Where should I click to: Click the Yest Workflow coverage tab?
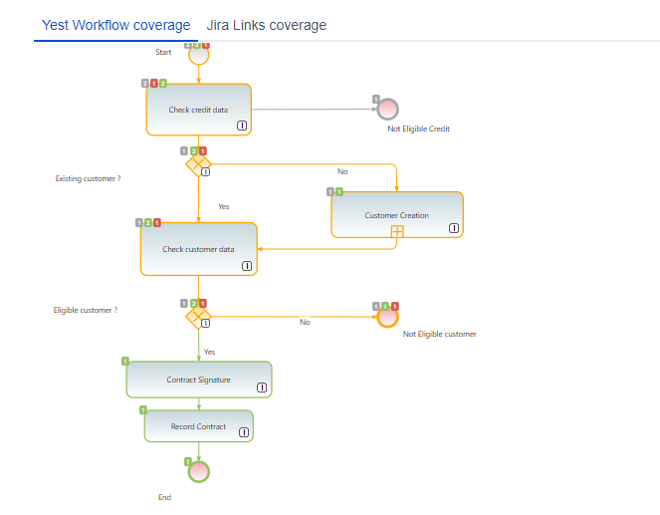click(116, 25)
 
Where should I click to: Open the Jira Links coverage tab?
click(266, 25)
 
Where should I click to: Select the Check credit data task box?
click(198, 110)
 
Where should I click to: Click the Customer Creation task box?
click(396, 214)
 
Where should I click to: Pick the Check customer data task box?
click(198, 249)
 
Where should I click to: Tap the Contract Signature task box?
click(198, 380)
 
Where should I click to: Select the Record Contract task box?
click(198, 426)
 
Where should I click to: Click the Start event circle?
click(198, 54)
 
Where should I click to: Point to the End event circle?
click(199, 471)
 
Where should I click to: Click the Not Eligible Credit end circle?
click(388, 109)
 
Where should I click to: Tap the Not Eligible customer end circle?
click(387, 317)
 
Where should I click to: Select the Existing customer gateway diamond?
click(198, 163)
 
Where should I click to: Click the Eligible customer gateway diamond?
click(198, 317)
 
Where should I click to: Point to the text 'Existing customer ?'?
click(88, 178)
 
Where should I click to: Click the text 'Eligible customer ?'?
click(86, 310)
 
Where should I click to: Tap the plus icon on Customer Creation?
click(396, 231)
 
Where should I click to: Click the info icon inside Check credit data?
click(242, 126)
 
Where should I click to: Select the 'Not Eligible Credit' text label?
click(419, 129)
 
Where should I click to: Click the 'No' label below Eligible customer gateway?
click(305, 322)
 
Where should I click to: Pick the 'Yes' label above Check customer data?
click(224, 206)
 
